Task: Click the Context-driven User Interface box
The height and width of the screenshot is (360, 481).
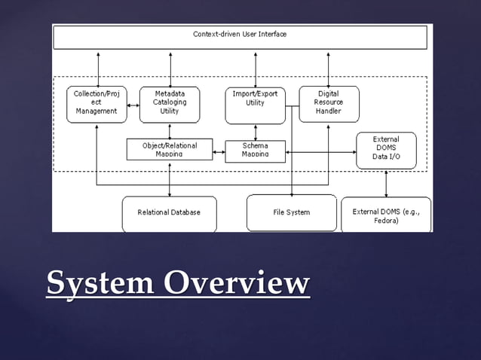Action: [x=239, y=36]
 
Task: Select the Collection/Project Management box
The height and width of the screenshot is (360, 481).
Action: [x=97, y=104]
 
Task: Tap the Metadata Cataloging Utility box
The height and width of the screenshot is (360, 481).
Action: [x=170, y=104]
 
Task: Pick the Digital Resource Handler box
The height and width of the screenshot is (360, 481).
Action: [x=329, y=104]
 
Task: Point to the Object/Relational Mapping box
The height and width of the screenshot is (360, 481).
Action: [x=169, y=149]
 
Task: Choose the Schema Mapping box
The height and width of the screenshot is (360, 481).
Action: [x=255, y=151]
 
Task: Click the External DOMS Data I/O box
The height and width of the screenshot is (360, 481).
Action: [x=386, y=151]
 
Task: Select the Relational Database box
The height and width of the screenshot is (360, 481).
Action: [x=169, y=213]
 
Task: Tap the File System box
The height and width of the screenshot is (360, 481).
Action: [x=291, y=213]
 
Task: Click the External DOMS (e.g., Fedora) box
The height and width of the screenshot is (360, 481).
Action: [x=386, y=215]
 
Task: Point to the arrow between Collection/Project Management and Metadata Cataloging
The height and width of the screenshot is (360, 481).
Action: [x=133, y=105]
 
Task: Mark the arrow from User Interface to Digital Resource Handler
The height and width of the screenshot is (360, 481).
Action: [x=329, y=68]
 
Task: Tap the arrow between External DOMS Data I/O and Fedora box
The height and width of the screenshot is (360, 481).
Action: [x=386, y=183]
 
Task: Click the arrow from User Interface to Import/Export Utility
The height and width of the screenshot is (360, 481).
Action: [x=256, y=68]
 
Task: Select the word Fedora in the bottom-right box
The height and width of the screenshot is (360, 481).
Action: [x=386, y=221]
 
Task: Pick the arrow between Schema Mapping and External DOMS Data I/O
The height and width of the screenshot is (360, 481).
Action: [x=320, y=152]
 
